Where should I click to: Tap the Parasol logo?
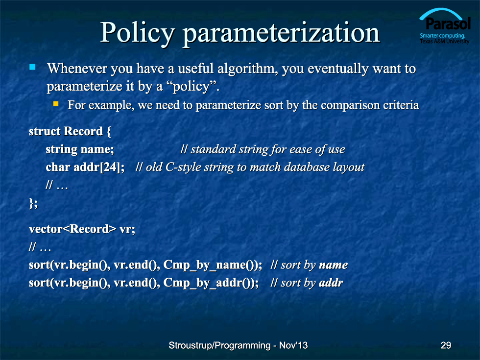pyautogui.click(x=445, y=26)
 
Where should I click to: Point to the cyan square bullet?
pyautogui.click(x=32, y=67)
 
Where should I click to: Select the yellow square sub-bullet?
pyautogui.click(x=56, y=104)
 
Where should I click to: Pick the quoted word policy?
pyautogui.click(x=192, y=86)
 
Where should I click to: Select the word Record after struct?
pyautogui.click(x=83, y=131)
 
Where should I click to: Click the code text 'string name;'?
pyautogui.click(x=79, y=149)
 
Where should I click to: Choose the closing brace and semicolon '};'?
pyautogui.click(x=33, y=203)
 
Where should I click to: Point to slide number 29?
pyautogui.click(x=446, y=345)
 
